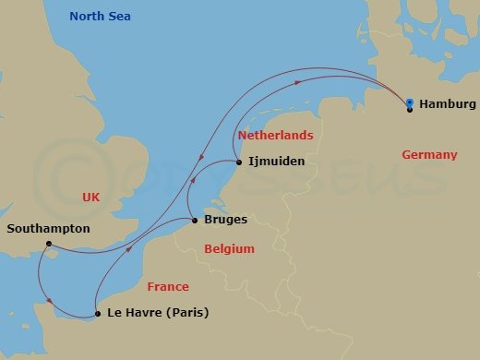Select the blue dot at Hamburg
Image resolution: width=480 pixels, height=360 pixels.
(x=409, y=102)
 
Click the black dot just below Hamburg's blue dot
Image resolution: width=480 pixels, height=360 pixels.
(x=409, y=110)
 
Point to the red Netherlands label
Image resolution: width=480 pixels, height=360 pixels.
(x=276, y=136)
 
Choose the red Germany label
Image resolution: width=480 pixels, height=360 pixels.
(x=429, y=155)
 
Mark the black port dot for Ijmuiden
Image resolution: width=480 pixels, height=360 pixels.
(x=240, y=162)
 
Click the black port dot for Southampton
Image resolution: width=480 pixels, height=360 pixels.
(x=45, y=245)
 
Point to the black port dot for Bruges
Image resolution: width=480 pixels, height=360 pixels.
(x=195, y=221)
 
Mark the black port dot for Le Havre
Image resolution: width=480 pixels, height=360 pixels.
(x=97, y=316)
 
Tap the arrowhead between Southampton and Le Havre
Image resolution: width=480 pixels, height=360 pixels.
(x=46, y=297)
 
